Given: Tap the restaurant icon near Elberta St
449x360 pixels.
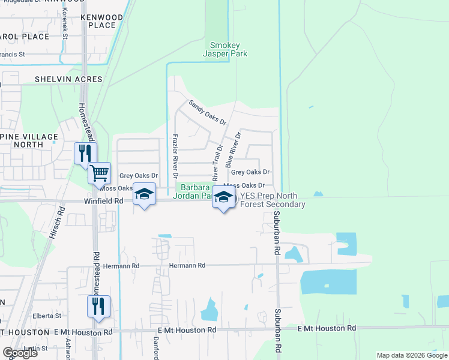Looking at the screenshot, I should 98,306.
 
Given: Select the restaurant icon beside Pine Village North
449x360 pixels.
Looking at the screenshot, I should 85,153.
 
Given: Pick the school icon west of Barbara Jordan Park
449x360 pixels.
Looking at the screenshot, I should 144,194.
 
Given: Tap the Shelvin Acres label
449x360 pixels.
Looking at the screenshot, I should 68,79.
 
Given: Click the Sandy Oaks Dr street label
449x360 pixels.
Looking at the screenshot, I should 207,112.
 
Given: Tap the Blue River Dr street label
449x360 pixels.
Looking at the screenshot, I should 232,150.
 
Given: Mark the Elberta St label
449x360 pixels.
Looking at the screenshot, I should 47,316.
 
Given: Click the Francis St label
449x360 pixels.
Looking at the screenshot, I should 12,54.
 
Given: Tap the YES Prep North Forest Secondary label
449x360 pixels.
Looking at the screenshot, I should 273,200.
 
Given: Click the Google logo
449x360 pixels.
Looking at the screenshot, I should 19,353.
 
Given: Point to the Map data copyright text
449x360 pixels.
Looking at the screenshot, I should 411,355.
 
